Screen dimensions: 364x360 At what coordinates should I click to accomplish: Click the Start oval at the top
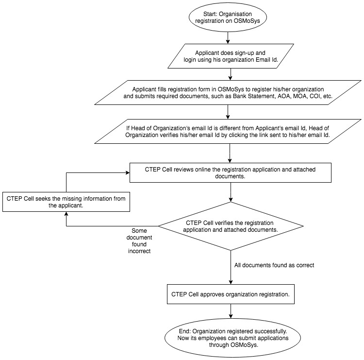[x=228, y=17]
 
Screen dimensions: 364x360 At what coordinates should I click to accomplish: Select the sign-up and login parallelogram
[x=231, y=56]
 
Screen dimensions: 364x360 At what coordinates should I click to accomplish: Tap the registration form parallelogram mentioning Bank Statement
[x=228, y=92]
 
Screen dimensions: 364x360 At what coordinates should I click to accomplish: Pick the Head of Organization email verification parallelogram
[x=228, y=131]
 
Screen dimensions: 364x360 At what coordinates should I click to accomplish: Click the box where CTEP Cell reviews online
[x=230, y=172]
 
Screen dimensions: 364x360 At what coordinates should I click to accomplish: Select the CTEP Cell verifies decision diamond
[x=231, y=226]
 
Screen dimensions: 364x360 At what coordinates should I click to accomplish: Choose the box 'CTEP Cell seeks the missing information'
[x=66, y=202]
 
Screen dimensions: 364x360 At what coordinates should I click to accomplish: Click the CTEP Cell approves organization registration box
[x=231, y=294]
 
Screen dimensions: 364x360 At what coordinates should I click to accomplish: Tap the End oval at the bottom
[x=233, y=338]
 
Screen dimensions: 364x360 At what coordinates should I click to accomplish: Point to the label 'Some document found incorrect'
[x=139, y=241]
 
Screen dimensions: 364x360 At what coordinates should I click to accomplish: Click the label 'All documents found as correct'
[x=274, y=265]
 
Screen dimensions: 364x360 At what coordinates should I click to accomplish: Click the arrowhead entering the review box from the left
[x=128, y=172]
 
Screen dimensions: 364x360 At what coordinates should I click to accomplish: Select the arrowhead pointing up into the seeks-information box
[x=66, y=214]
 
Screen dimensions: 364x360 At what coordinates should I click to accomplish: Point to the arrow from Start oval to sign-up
[x=228, y=37]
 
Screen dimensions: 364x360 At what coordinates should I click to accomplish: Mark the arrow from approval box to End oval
[x=231, y=311]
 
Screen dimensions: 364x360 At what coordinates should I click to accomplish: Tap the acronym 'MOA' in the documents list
[x=300, y=96]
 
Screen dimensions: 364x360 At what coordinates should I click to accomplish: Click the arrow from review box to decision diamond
[x=231, y=192]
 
